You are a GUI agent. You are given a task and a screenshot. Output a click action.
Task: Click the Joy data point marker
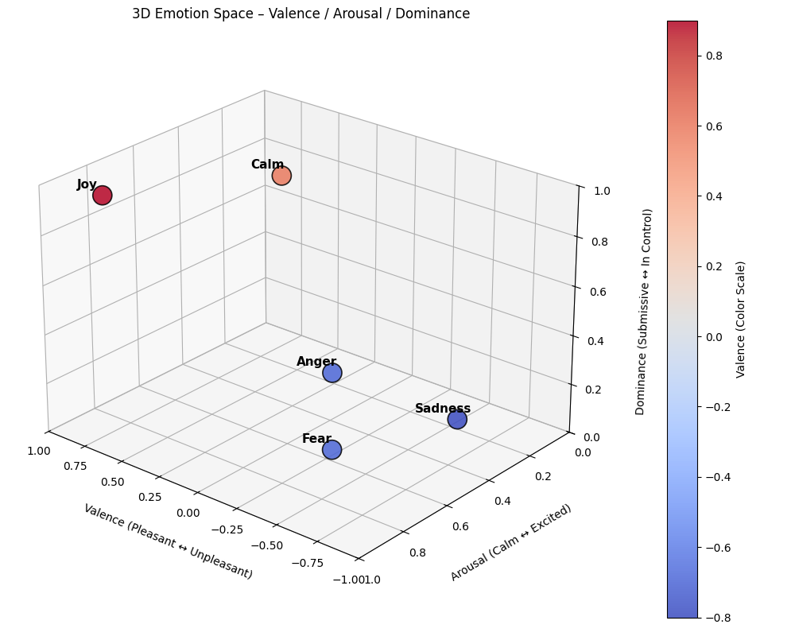pyautogui.click(x=102, y=195)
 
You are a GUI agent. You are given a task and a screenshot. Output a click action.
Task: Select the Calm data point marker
pyautogui.click(x=281, y=176)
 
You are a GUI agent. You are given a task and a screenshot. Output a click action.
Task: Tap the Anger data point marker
pyautogui.click(x=332, y=373)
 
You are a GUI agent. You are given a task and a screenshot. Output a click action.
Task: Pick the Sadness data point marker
pyautogui.click(x=457, y=420)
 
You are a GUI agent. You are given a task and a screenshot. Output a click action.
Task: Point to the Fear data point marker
pyautogui.click(x=332, y=450)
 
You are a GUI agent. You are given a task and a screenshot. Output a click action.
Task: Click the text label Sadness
pyautogui.click(x=443, y=409)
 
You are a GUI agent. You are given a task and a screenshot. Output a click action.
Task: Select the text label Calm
pyautogui.click(x=267, y=165)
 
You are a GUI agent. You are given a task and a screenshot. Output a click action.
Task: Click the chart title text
pyautogui.click(x=301, y=14)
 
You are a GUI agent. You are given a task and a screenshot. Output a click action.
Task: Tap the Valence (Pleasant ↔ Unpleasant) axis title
pyautogui.click(x=168, y=541)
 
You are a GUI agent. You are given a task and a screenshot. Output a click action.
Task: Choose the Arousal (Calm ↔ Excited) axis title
pyautogui.click(x=511, y=542)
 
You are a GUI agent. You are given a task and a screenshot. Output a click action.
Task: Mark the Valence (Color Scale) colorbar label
pyautogui.click(x=741, y=319)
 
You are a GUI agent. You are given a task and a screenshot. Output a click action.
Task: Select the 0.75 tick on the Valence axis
pyautogui.click(x=75, y=466)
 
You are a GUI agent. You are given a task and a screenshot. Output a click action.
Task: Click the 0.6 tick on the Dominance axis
pyautogui.click(x=597, y=292)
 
